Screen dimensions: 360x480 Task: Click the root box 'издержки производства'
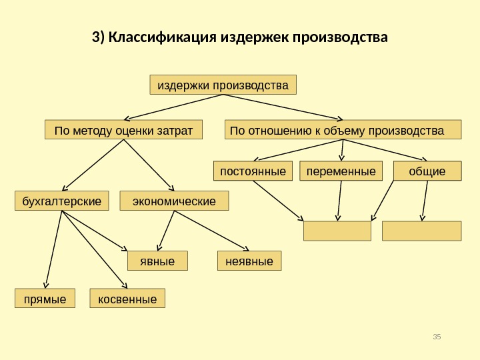(223, 85)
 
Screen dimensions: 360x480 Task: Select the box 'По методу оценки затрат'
(123, 130)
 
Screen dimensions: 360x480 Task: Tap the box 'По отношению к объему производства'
(343, 130)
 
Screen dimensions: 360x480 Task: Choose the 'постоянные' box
(253, 171)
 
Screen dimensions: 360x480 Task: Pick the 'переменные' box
(341, 171)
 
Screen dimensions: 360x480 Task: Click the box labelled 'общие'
(427, 171)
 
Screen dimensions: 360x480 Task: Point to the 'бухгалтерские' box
(62, 201)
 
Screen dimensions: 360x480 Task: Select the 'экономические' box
(174, 201)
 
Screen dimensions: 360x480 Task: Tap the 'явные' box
(158, 261)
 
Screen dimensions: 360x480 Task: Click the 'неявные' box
(250, 261)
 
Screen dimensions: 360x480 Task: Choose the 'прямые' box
(45, 299)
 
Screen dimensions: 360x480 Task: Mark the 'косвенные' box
(127, 299)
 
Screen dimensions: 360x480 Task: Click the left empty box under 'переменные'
(337, 231)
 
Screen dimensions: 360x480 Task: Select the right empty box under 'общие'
(421, 231)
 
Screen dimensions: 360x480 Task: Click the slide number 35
(437, 336)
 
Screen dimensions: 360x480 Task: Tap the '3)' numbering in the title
(98, 35)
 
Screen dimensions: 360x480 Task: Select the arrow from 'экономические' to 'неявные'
(211, 231)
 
